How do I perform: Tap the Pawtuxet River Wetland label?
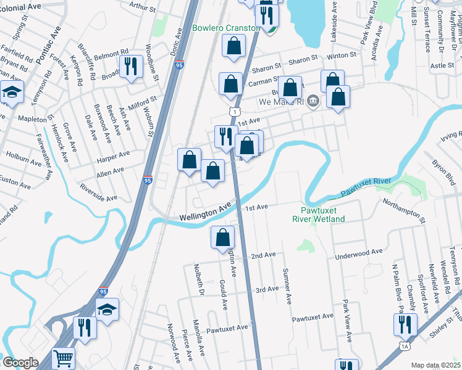click(x=319, y=213)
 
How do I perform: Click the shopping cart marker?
click(x=64, y=357)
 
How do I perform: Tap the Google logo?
click(x=21, y=363)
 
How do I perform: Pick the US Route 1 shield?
click(x=233, y=111)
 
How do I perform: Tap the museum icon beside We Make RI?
click(x=313, y=101)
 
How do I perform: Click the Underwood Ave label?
click(x=359, y=253)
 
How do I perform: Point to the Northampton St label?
click(x=405, y=210)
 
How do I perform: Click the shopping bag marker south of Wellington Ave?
click(x=223, y=237)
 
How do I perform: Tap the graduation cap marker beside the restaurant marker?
click(x=107, y=309)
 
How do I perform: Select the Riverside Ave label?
click(x=98, y=191)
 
